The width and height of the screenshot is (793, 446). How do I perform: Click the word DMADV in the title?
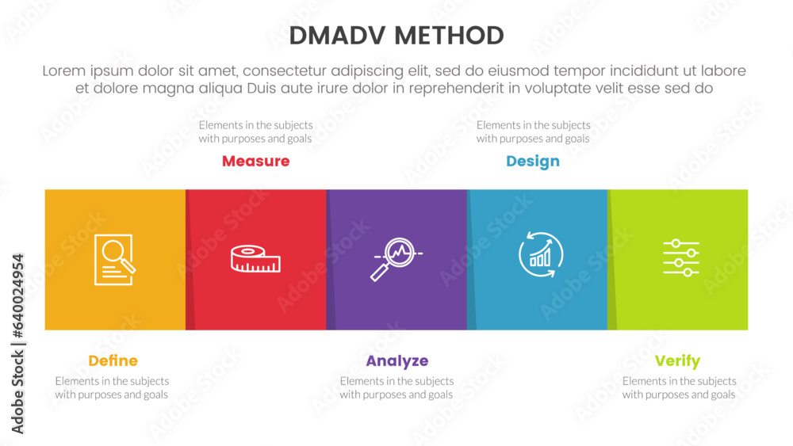pyautogui.click(x=338, y=36)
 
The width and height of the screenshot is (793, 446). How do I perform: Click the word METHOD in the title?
pyautogui.click(x=449, y=36)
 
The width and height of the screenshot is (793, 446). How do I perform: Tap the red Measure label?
pyautogui.click(x=256, y=161)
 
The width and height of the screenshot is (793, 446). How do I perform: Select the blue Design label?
pyautogui.click(x=533, y=162)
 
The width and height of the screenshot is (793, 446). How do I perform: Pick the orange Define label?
pyautogui.click(x=113, y=360)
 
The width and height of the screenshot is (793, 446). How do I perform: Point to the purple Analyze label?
pyautogui.click(x=397, y=361)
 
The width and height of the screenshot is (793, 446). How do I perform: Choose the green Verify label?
pyautogui.click(x=678, y=361)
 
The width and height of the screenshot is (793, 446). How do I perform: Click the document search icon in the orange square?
pyautogui.click(x=115, y=260)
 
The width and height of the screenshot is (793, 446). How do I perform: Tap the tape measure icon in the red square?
pyautogui.click(x=255, y=258)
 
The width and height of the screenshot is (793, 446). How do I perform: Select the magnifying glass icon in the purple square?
pyautogui.click(x=396, y=259)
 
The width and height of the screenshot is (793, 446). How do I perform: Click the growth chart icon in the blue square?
pyautogui.click(x=541, y=254)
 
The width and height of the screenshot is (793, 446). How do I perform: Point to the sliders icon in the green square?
pyautogui.click(x=681, y=258)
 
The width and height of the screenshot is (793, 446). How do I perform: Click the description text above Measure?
pyautogui.click(x=255, y=132)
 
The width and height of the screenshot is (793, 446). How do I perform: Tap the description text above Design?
pyautogui.click(x=533, y=132)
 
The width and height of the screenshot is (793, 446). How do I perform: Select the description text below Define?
pyautogui.click(x=112, y=388)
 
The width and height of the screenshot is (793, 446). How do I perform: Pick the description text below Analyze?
pyautogui.click(x=396, y=388)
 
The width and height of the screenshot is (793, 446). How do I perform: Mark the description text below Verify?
pyautogui.click(x=680, y=388)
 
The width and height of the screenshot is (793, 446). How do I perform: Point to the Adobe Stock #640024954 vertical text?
pyautogui.click(x=17, y=344)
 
